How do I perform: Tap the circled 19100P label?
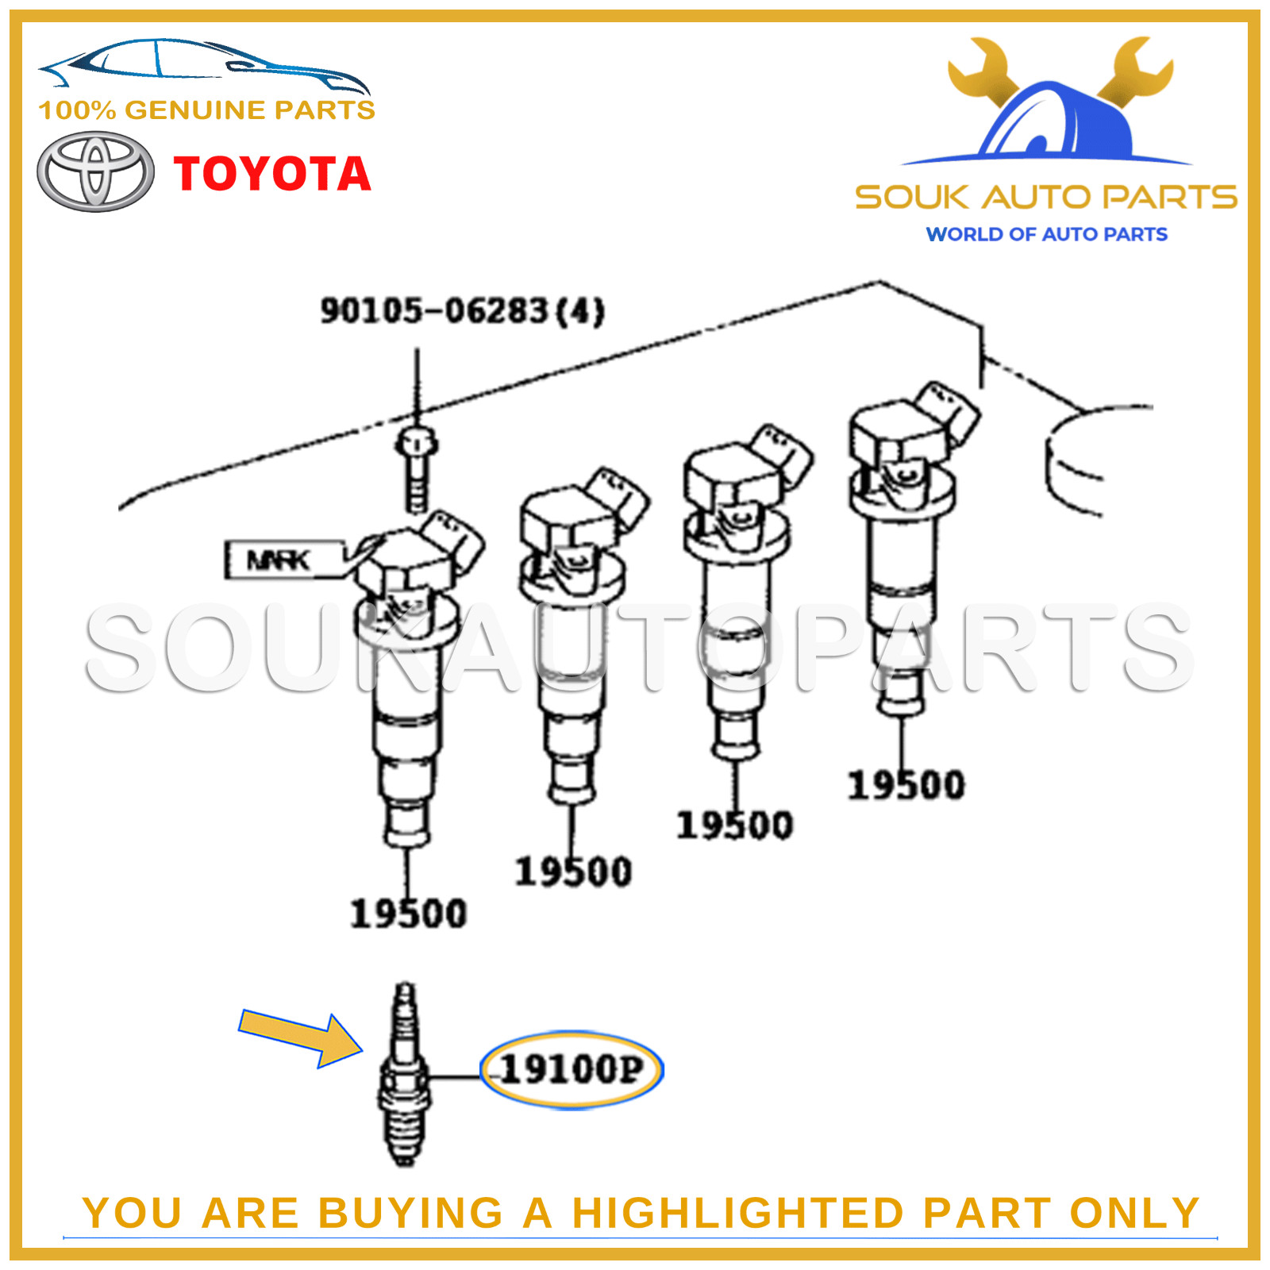click(571, 1069)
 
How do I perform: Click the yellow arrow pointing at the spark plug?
click(300, 1037)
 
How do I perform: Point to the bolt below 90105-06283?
click(417, 468)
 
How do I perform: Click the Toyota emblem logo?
click(95, 171)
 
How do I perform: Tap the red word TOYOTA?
click(272, 174)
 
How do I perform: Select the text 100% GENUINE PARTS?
click(206, 110)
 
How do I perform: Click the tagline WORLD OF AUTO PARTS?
click(1046, 234)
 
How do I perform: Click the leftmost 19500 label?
click(408, 914)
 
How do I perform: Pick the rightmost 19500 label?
click(906, 785)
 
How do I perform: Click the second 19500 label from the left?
click(573, 872)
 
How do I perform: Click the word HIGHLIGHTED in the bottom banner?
click(738, 1213)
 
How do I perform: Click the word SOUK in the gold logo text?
click(912, 197)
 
